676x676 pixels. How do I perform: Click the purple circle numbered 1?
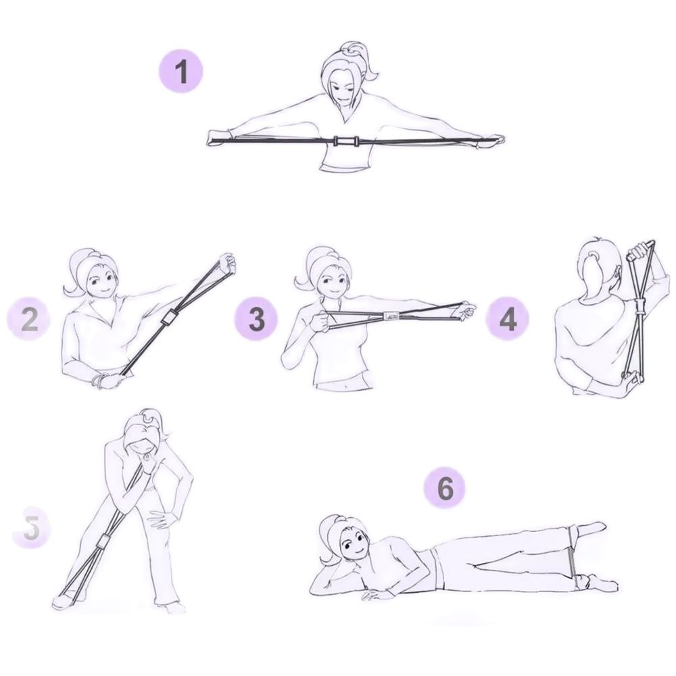181,72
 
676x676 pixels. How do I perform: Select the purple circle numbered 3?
256,319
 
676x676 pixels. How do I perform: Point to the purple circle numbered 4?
508,319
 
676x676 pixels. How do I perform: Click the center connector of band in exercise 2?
168,318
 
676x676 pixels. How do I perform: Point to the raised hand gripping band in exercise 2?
228,262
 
